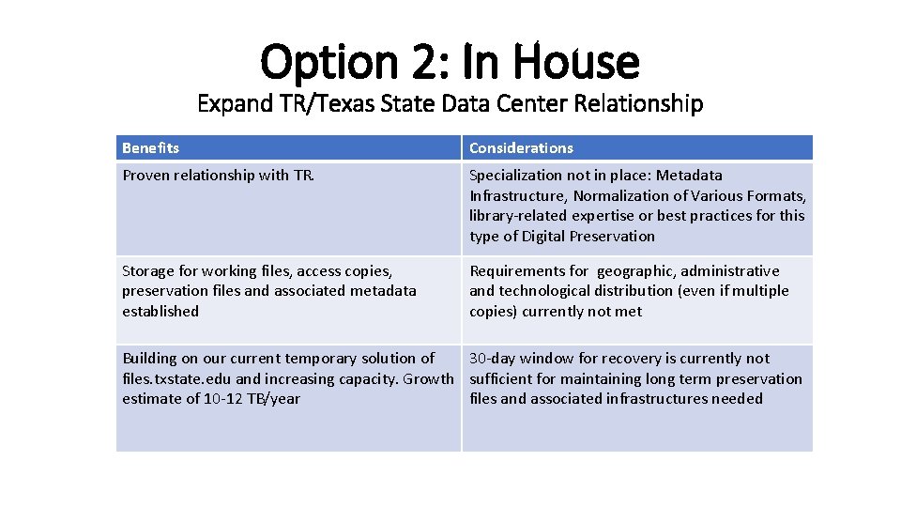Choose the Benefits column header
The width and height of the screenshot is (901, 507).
(150, 148)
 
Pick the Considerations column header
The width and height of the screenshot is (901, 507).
(521, 148)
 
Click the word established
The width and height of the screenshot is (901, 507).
(160, 312)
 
